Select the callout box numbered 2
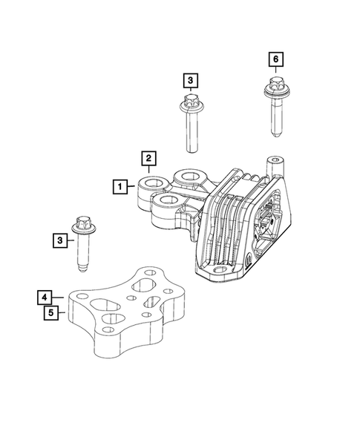pyautogui.click(x=148, y=158)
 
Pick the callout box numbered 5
pyautogui.click(x=47, y=313)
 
